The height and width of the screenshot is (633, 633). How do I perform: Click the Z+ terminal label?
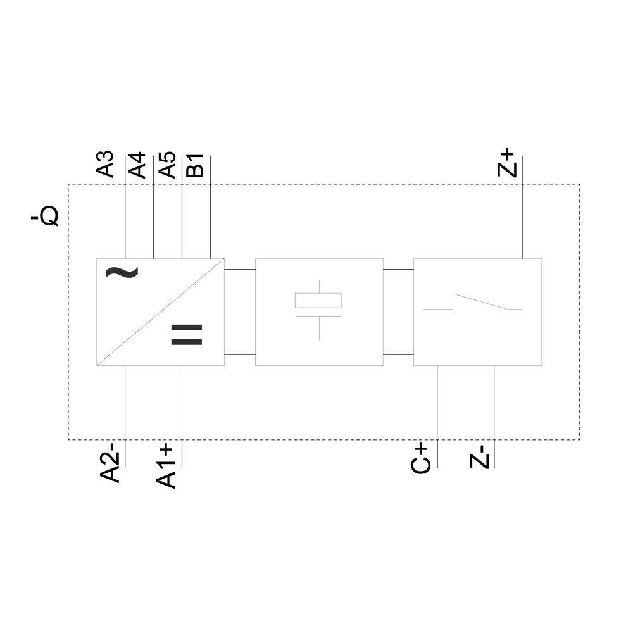click(508, 163)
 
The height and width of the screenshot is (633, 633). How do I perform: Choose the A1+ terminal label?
click(166, 465)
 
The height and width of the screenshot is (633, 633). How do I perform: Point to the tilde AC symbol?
click(121, 272)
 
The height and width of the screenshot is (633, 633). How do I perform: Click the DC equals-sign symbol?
click(187, 335)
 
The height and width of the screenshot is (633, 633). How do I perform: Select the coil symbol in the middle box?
click(318, 301)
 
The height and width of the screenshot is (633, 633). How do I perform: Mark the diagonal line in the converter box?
click(160, 311)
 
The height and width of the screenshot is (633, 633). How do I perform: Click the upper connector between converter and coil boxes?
click(240, 269)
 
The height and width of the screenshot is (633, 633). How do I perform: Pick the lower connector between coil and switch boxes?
click(398, 354)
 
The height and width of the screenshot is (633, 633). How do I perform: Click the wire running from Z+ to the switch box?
click(522, 222)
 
